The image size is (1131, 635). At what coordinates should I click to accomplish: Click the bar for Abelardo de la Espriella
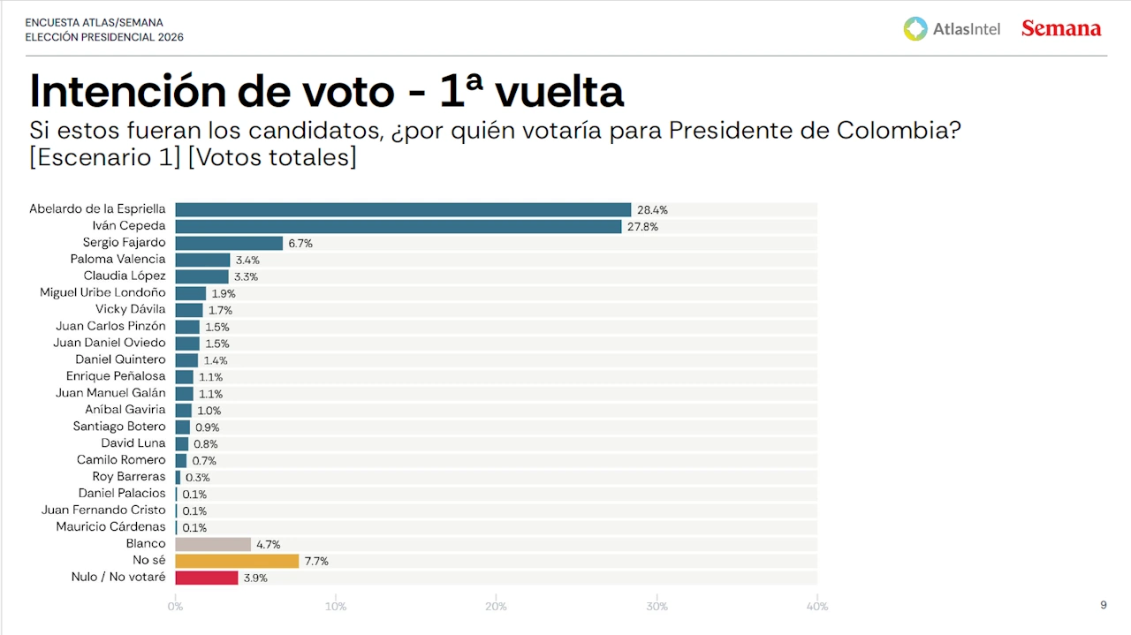point(403,209)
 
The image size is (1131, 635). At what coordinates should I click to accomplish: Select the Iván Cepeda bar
point(399,226)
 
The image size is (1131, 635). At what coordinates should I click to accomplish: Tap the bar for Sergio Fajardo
point(229,243)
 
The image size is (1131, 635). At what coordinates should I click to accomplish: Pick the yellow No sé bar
point(237,561)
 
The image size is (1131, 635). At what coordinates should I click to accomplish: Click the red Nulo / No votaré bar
point(207,578)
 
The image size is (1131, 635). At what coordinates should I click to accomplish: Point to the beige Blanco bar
point(213,544)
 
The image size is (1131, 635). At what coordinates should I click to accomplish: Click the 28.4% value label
point(652,210)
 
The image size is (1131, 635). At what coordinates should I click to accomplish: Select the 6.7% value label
point(300,243)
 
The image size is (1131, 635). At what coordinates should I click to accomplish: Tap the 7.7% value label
point(316,561)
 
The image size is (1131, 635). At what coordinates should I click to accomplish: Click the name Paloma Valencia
point(118,259)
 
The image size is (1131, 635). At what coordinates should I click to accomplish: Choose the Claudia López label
point(125,276)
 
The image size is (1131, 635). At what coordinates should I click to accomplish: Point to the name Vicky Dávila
point(130,309)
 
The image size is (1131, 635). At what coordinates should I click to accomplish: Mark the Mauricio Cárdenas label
point(110,527)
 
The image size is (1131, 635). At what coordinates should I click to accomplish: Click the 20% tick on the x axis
point(496,607)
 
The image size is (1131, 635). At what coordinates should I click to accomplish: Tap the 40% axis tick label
point(817,607)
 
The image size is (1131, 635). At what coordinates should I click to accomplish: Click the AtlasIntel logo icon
point(915,28)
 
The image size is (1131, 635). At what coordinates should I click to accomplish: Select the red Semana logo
point(1061,28)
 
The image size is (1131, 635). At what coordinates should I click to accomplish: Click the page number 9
point(1103,605)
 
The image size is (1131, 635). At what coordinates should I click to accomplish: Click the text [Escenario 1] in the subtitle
point(105,157)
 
